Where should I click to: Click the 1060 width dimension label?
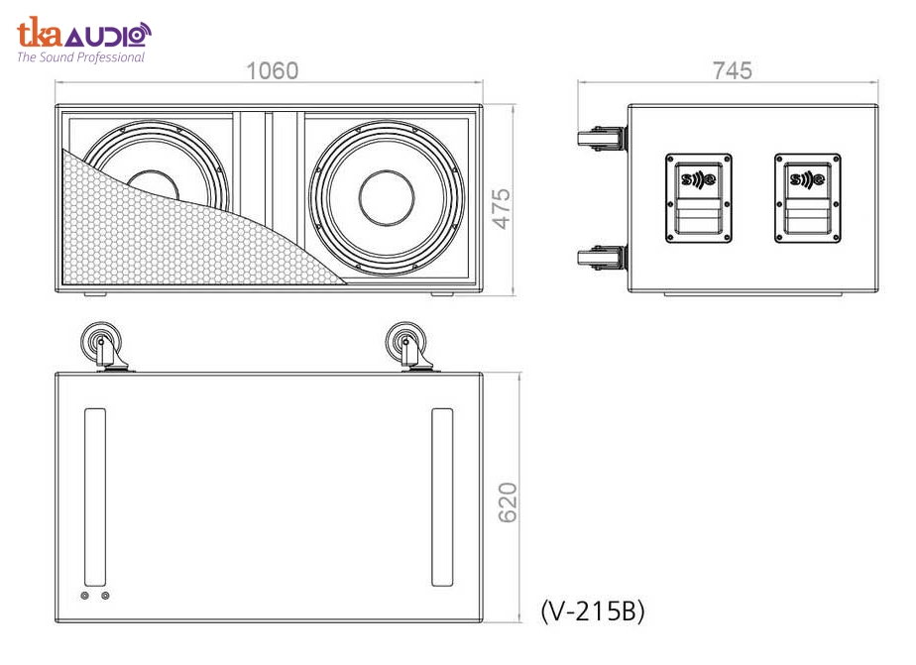point(272,71)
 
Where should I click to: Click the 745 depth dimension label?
point(732,71)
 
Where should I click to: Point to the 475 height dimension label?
point(503,209)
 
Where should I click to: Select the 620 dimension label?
point(507,504)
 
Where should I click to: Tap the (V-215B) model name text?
point(593,611)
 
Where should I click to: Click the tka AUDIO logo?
point(83,36)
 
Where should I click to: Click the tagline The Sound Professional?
point(80,57)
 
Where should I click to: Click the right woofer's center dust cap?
point(387,196)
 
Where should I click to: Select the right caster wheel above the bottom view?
point(405,346)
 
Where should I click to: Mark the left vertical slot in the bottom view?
point(95,498)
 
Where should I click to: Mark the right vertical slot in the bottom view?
point(442,498)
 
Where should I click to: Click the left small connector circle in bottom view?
point(85,596)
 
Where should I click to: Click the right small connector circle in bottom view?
point(105,596)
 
